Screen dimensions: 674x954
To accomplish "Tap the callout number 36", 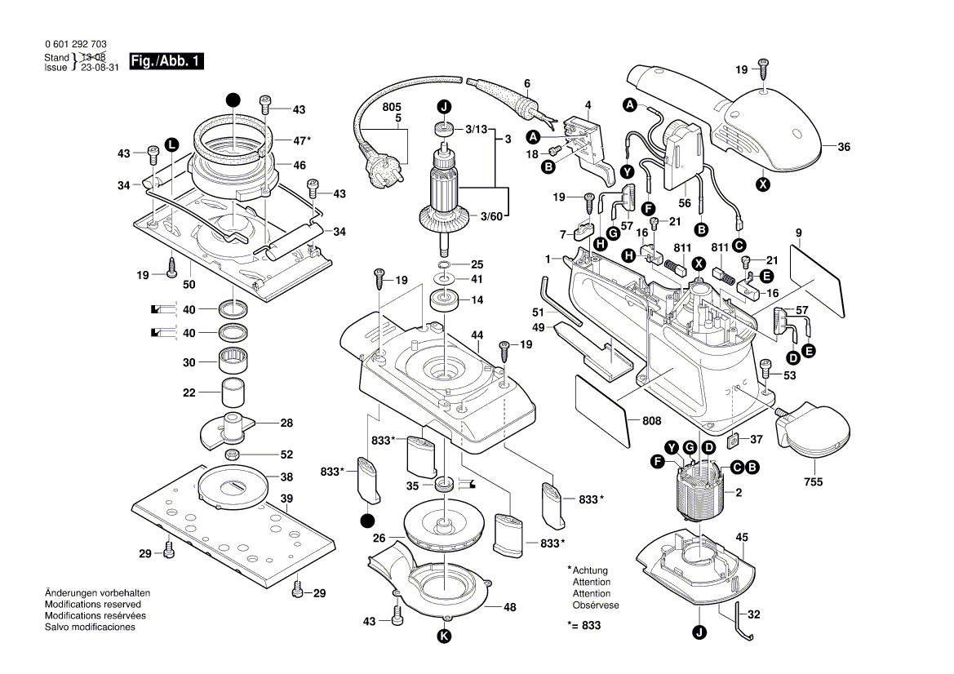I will (x=843, y=148).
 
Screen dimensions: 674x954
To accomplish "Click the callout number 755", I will (x=813, y=481).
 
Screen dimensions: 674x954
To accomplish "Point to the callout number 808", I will (x=651, y=421).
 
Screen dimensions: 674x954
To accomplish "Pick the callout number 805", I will (x=392, y=107).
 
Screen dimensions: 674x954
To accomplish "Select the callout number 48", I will (x=510, y=607).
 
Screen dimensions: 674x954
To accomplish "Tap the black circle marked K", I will (x=444, y=636).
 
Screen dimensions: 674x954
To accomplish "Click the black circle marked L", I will (x=171, y=144).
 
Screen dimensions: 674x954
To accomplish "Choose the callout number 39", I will (x=286, y=499).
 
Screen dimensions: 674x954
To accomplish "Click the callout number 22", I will (x=189, y=392).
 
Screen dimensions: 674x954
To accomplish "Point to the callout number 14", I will (x=477, y=300).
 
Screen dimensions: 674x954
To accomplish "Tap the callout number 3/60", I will (x=492, y=216).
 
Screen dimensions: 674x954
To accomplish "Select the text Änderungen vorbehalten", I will (x=97, y=592).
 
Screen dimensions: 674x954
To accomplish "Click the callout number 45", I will (x=741, y=537).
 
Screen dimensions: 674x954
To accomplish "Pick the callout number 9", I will (x=797, y=231).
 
